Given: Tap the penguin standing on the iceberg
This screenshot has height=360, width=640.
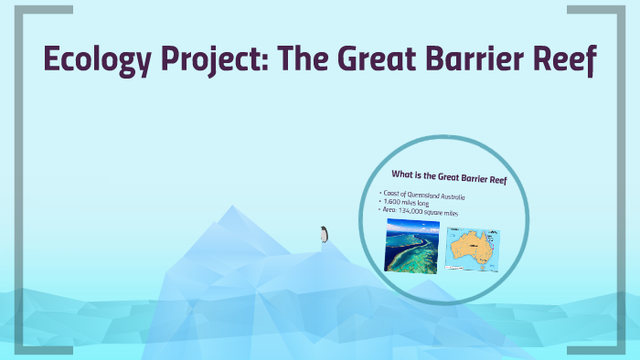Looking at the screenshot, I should (x=323, y=235).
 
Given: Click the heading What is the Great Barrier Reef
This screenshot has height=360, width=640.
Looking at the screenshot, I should (x=449, y=177).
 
